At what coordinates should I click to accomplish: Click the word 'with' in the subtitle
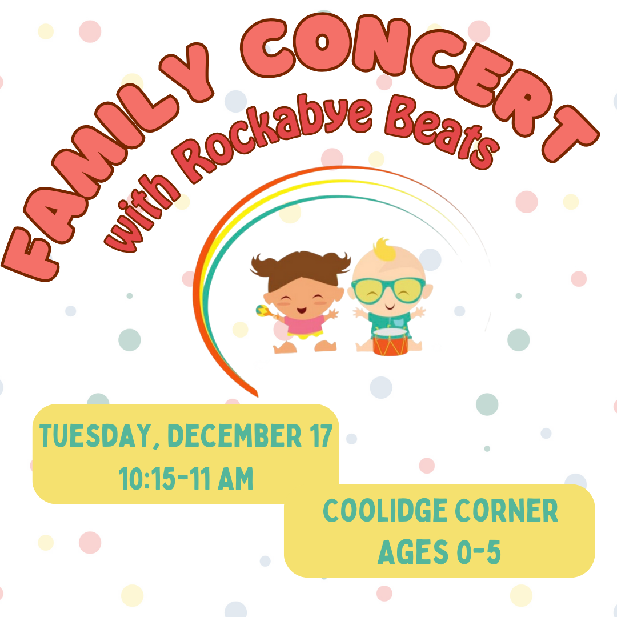pyautogui.click(x=142, y=217)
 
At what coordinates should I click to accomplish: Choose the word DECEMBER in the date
pyautogui.click(x=234, y=435)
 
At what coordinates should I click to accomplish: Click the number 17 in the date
pyautogui.click(x=320, y=435)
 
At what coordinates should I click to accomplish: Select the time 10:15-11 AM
pyautogui.click(x=186, y=479)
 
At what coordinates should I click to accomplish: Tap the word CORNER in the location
pyautogui.click(x=506, y=510)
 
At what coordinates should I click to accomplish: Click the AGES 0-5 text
pyautogui.click(x=439, y=552)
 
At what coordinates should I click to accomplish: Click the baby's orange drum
pyautogui.click(x=390, y=342)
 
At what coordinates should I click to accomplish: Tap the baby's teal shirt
pyautogui.click(x=390, y=320)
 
